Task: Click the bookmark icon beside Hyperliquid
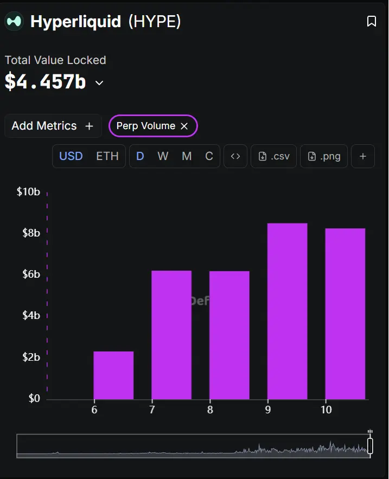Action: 372,21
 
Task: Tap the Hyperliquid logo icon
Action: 14,21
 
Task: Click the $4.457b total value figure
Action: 46,81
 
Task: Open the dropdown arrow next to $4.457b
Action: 99,83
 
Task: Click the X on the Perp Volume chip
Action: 184,126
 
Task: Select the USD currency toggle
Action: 71,156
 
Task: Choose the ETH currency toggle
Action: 107,156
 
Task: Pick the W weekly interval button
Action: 163,156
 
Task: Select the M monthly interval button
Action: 187,156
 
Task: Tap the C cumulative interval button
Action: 209,156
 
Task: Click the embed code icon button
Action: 235,156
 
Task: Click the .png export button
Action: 324,156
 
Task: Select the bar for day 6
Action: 113,375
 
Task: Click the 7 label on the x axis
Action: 152,410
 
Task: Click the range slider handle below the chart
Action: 370,445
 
